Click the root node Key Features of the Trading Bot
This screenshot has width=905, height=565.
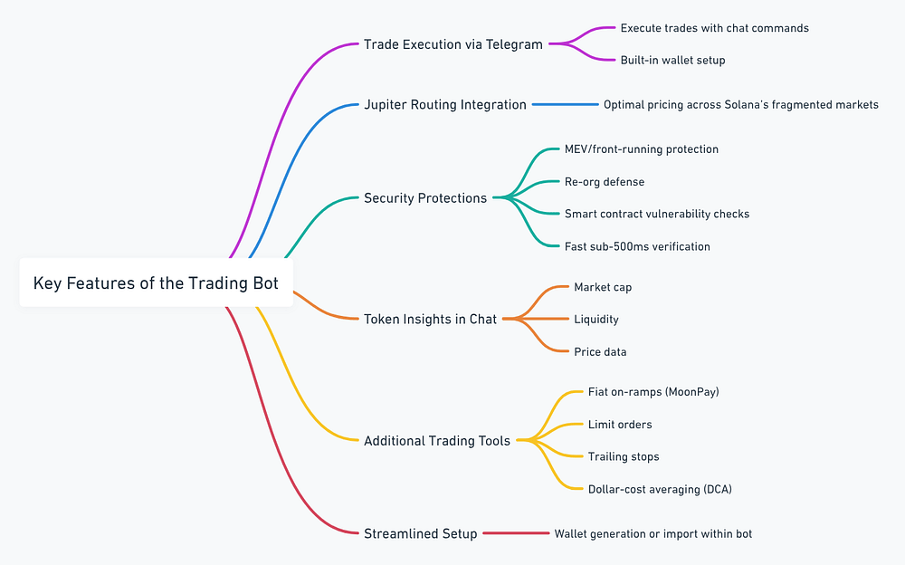tap(156, 283)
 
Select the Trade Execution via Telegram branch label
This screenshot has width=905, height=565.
tap(452, 43)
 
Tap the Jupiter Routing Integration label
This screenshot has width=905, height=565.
tap(444, 104)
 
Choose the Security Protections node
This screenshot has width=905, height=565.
tap(424, 197)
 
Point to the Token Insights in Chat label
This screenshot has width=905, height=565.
tap(430, 319)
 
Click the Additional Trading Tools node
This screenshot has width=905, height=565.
tap(437, 441)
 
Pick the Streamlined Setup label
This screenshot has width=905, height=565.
tap(420, 533)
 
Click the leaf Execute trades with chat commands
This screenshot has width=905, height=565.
tap(714, 28)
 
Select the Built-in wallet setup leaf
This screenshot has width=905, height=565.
tap(672, 60)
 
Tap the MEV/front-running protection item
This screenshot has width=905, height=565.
tap(641, 148)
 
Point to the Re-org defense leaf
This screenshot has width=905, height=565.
tap(605, 181)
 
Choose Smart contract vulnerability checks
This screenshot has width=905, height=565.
tap(656, 214)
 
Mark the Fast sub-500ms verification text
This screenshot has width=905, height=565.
tap(637, 246)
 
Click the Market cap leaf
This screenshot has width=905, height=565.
tap(603, 287)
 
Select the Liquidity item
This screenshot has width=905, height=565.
tap(595, 319)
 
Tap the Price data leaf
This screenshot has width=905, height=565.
tap(600, 351)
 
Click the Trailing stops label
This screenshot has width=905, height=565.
tap(624, 456)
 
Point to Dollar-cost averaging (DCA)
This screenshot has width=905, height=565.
tap(660, 489)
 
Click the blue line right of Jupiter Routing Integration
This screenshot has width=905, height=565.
tap(565, 104)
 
